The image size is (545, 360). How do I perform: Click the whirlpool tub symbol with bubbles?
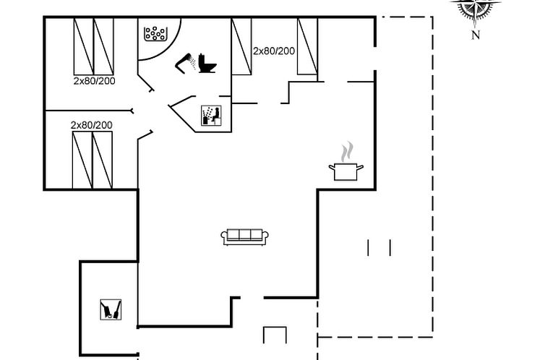pyautogui.click(x=155, y=34)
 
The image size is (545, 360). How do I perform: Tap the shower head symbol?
pyautogui.click(x=184, y=63)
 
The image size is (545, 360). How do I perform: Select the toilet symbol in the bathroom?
pyautogui.click(x=207, y=63)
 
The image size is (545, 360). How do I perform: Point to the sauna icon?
pyautogui.click(x=211, y=116)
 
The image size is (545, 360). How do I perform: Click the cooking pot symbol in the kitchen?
pyautogui.click(x=346, y=171)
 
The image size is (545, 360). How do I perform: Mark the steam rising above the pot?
pyautogui.click(x=347, y=152)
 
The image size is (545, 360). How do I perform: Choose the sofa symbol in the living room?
pyautogui.click(x=245, y=237)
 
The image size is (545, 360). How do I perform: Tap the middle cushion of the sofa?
pyautogui.click(x=245, y=234)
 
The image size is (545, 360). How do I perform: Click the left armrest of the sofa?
pyautogui.click(x=224, y=237)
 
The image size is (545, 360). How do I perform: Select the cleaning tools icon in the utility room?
pyautogui.click(x=111, y=309)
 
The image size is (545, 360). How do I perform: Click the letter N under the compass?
pyautogui.click(x=476, y=35)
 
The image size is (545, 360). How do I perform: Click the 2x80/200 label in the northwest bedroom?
pyautogui.click(x=94, y=81)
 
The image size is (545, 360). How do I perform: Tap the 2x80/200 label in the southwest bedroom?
pyautogui.click(x=91, y=125)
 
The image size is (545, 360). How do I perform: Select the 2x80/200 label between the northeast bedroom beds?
pyautogui.click(x=274, y=51)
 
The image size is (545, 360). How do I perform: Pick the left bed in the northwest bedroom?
pyautogui.click(x=84, y=46)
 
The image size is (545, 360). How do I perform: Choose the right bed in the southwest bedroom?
pyautogui.click(x=102, y=160)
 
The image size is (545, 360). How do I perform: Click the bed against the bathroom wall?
pyautogui.click(x=241, y=46)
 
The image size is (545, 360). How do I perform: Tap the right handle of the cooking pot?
pyautogui.click(x=360, y=168)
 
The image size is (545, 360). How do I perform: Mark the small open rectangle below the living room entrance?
pyautogui.click(x=275, y=335)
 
